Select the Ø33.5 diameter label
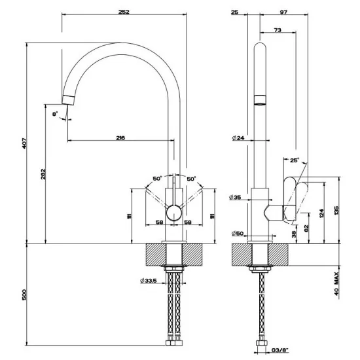[149, 281]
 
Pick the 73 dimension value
[278, 30]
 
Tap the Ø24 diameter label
[237, 138]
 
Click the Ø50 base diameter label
[237, 233]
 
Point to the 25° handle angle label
[294, 160]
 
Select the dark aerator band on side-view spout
[260, 100]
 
